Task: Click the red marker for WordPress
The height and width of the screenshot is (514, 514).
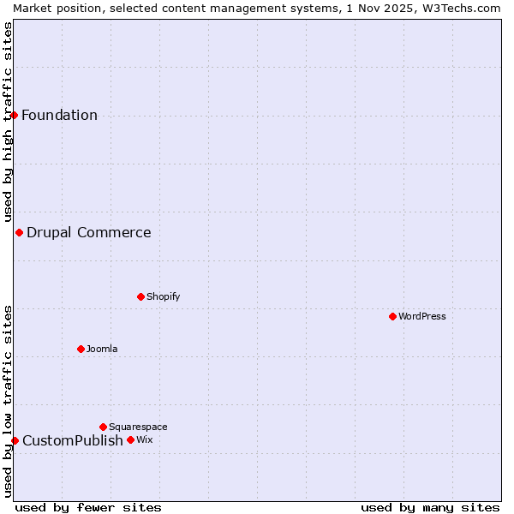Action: (392, 316)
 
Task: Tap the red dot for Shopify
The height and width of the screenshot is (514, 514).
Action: (140, 296)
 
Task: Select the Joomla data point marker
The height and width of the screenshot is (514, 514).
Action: (81, 349)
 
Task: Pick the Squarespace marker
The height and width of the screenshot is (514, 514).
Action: (103, 427)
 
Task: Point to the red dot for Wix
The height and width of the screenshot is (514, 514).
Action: (130, 440)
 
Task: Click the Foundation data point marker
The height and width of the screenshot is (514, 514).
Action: (14, 115)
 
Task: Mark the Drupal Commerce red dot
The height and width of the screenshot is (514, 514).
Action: (19, 232)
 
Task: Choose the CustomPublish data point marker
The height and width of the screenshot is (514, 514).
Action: (15, 440)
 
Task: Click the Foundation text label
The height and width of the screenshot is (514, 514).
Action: (59, 116)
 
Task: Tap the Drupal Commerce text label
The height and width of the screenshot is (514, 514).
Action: (89, 232)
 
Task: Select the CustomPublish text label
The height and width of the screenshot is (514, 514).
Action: (73, 441)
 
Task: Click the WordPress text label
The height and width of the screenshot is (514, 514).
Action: (422, 316)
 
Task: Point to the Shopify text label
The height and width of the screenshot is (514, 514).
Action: (163, 296)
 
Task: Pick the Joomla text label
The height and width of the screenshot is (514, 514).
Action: (102, 349)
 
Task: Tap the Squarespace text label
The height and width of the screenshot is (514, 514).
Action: (138, 427)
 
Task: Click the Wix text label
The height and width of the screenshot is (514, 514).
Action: (144, 440)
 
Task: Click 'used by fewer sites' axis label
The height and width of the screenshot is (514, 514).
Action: (88, 507)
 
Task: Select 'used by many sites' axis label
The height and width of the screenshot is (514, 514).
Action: (430, 507)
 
